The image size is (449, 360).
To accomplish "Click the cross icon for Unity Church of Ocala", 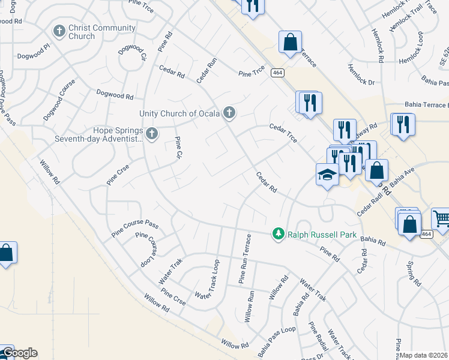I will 229,112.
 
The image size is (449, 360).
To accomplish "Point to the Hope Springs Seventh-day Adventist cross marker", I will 152,133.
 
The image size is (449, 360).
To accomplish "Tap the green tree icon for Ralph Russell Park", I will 278,233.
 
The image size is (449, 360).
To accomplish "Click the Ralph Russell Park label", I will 322,235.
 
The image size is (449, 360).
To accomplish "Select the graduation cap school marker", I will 327,175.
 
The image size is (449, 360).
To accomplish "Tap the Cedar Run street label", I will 206,70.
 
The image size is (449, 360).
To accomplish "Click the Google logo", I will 19,353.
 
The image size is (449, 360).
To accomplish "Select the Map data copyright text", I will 424,355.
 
